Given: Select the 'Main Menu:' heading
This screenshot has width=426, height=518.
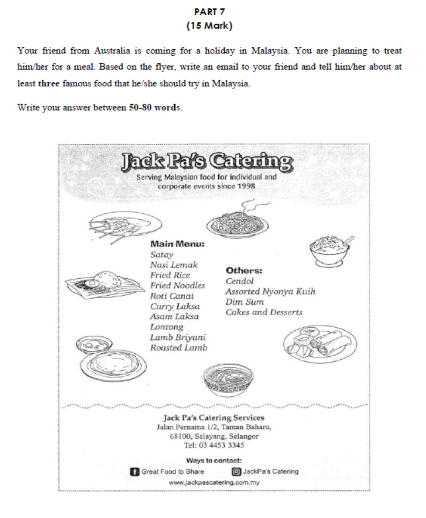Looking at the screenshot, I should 177,244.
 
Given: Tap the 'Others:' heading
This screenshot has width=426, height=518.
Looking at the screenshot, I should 244,271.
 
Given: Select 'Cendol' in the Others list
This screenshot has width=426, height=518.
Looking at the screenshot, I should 240,281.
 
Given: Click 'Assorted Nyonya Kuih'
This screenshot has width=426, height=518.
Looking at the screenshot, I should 270,291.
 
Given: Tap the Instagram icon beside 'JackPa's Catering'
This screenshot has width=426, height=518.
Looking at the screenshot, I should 235,472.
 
